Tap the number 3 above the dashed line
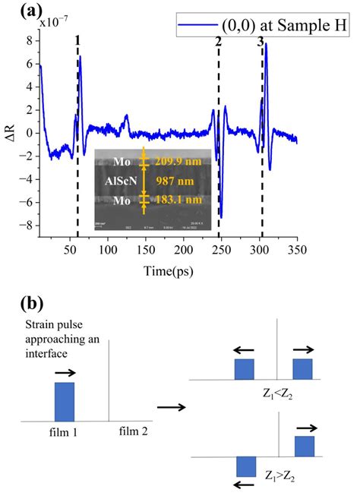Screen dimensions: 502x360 (x=260, y=42)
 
